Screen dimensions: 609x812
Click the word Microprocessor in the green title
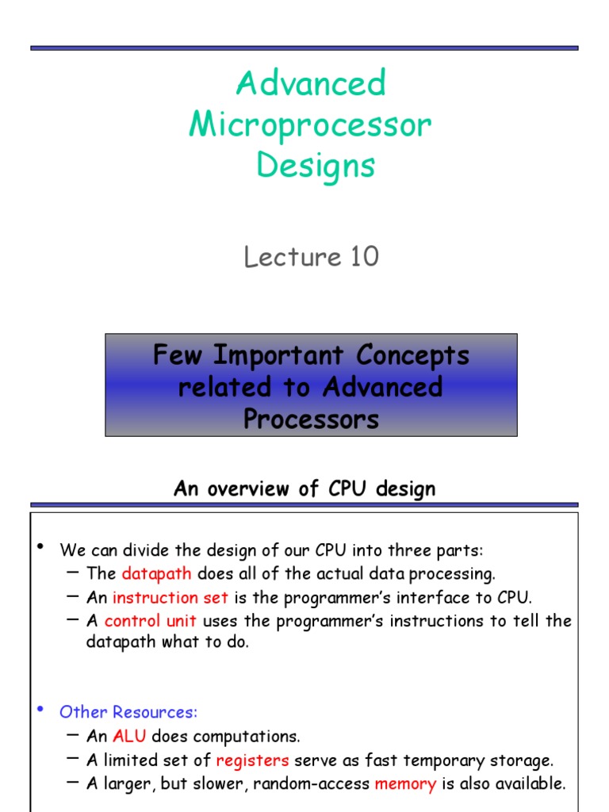[x=310, y=126]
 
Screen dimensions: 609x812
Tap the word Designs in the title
[x=316, y=167]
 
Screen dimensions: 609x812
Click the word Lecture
[x=293, y=257]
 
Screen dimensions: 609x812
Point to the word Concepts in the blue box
[x=412, y=356]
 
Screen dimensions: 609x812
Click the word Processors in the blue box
[x=311, y=419]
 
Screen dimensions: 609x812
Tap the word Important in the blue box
[x=278, y=356]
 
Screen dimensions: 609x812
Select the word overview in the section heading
[x=247, y=488]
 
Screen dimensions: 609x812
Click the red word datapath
[x=156, y=574]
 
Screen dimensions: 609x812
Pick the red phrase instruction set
[x=170, y=598]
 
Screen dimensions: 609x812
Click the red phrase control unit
[x=150, y=620]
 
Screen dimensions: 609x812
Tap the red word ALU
[x=129, y=736]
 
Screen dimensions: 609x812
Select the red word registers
[x=252, y=760]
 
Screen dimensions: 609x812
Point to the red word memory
[x=405, y=784]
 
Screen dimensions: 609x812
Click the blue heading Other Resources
[x=128, y=712]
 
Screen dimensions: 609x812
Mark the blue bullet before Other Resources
[x=40, y=709]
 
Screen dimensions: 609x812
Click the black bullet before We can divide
[x=40, y=546]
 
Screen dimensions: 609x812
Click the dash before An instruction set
[x=73, y=596]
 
